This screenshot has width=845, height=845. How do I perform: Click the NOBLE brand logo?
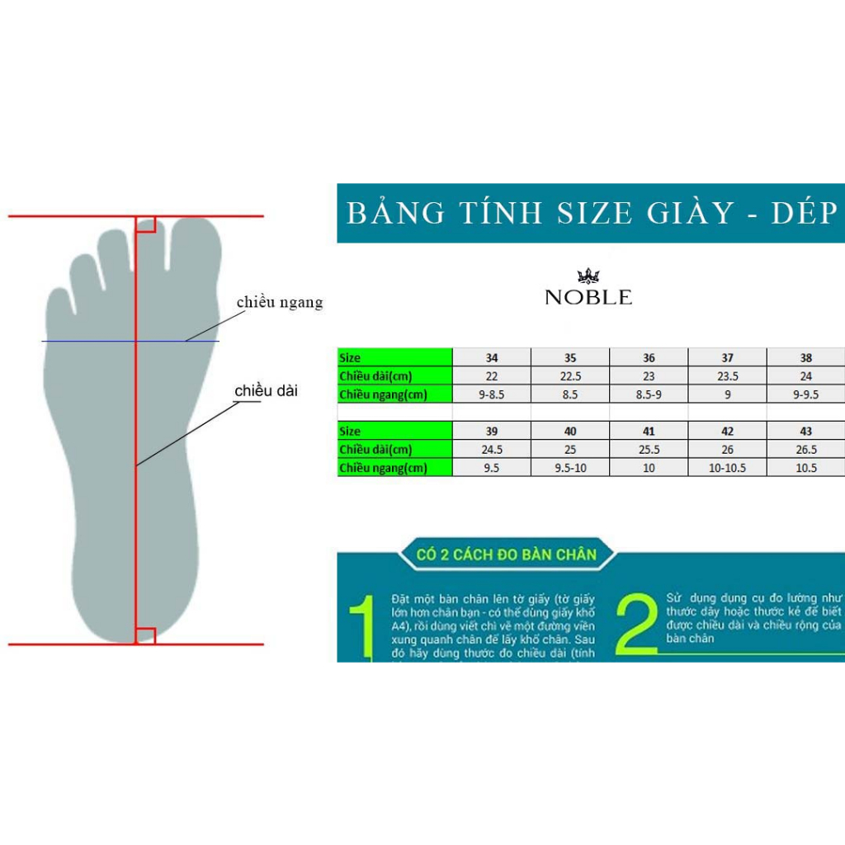(x=588, y=290)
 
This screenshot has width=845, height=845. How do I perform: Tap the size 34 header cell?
(x=492, y=358)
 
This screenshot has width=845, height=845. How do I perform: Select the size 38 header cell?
(x=806, y=358)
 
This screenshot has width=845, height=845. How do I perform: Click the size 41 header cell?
(x=649, y=432)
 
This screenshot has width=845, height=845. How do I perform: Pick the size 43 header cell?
(x=806, y=432)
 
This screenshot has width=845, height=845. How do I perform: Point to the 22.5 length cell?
(x=570, y=376)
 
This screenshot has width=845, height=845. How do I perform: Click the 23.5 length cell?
(x=727, y=376)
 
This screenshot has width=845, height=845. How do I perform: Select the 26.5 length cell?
(x=806, y=450)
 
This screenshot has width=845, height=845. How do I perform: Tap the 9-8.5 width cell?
(x=492, y=394)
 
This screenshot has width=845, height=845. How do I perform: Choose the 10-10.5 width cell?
(x=727, y=468)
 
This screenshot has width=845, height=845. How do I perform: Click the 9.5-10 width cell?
(x=570, y=468)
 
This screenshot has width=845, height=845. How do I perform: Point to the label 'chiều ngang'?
(x=280, y=303)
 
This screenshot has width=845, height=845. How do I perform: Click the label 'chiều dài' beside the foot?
(x=266, y=390)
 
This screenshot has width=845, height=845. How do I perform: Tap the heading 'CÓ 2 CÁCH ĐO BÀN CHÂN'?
(x=506, y=554)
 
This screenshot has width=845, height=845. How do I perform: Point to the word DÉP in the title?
(x=805, y=213)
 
